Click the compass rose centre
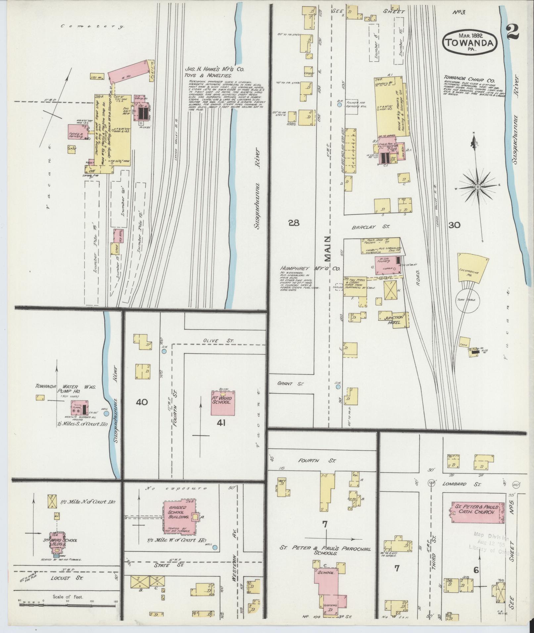[477, 187]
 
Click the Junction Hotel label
[393, 320]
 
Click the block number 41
[221, 423]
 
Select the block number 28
[293, 223]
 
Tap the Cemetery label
[92, 27]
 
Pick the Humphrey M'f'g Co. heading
[310, 269]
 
